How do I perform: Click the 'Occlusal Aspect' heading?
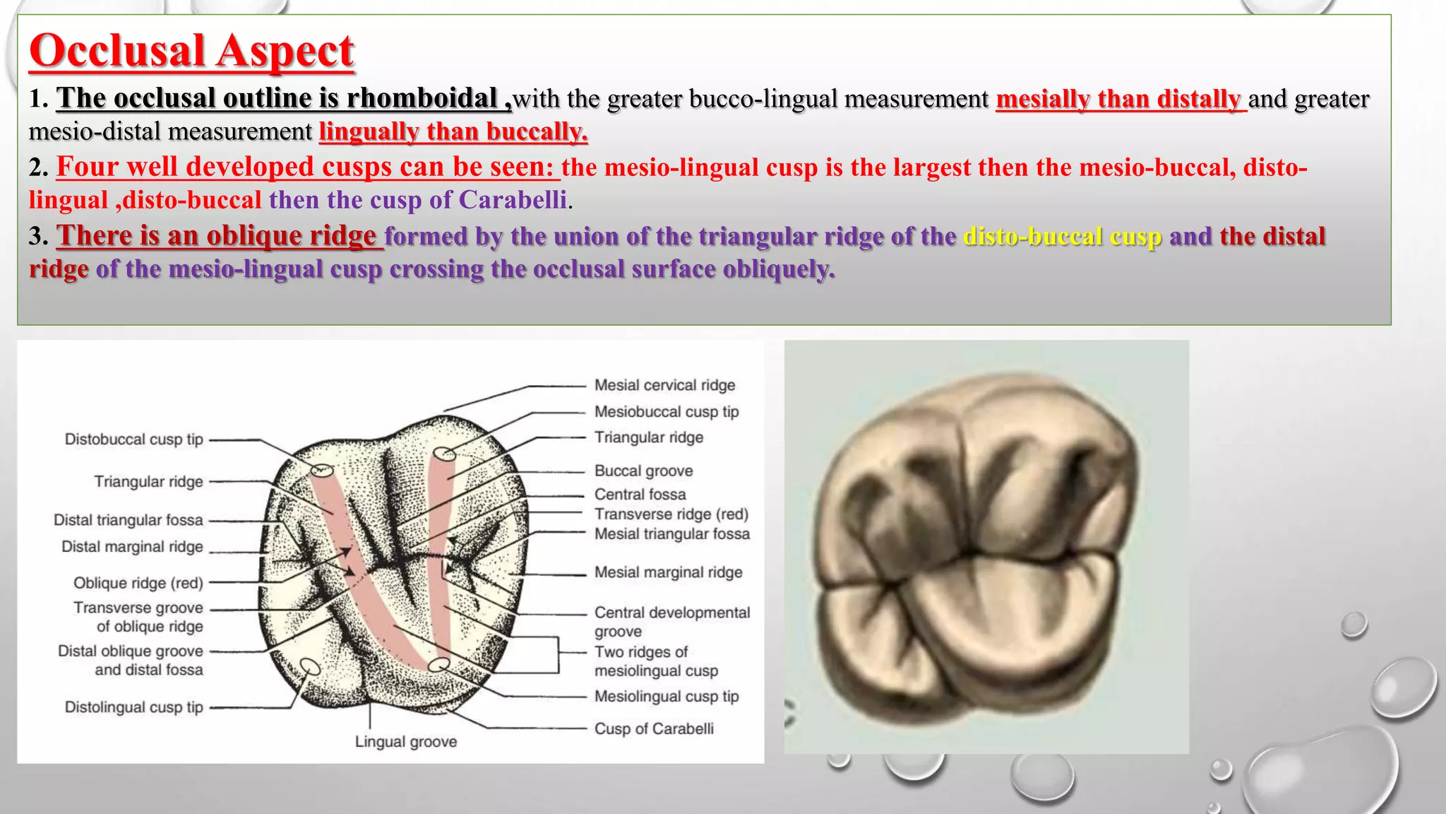[191, 51]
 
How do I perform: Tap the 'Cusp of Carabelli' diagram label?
[653, 729]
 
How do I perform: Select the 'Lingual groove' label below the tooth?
[405, 742]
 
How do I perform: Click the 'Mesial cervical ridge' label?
[664, 385]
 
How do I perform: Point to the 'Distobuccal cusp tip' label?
[133, 440]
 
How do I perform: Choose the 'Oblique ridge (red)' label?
[138, 583]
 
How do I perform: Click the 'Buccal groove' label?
[643, 471]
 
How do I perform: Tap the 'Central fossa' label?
[640, 494]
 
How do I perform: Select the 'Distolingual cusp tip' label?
[133, 707]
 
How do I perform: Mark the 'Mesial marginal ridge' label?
[668, 572]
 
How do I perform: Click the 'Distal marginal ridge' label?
[132, 547]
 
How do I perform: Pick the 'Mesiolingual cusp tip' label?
[666, 697]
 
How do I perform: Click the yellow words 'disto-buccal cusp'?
[1063, 236]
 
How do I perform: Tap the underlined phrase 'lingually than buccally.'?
[453, 132]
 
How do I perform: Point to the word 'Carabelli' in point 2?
[513, 200]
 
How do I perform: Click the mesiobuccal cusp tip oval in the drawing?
[445, 454]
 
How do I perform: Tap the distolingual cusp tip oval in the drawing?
[310, 666]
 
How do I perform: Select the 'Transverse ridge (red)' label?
[671, 514]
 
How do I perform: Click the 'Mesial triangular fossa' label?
[671, 534]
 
